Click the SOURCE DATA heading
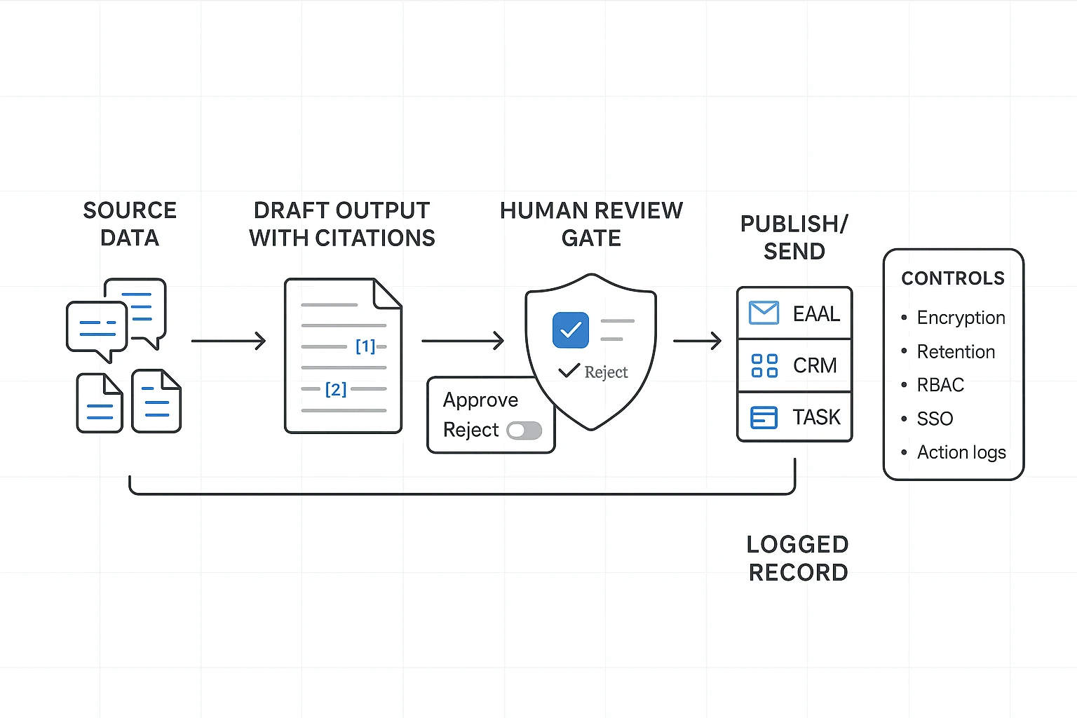pyautogui.click(x=130, y=224)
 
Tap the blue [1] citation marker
pyautogui.click(x=365, y=346)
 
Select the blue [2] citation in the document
pyautogui.click(x=336, y=389)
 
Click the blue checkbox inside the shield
pyautogui.click(x=570, y=330)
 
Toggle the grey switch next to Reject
pyautogui.click(x=524, y=431)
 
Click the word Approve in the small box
pyautogui.click(x=480, y=400)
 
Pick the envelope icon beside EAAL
pyautogui.click(x=764, y=313)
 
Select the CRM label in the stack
pyautogui.click(x=815, y=365)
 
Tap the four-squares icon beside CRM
pyautogui.click(x=764, y=365)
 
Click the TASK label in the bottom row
pyautogui.click(x=816, y=417)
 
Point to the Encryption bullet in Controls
pyautogui.click(x=961, y=318)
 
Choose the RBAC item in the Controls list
pyautogui.click(x=940, y=385)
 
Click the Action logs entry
pyautogui.click(x=961, y=452)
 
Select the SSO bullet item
pyautogui.click(x=935, y=419)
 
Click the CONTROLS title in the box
pyautogui.click(x=952, y=278)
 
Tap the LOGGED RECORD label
pyautogui.click(x=798, y=558)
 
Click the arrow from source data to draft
pyautogui.click(x=229, y=341)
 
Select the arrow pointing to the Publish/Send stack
pyautogui.click(x=697, y=341)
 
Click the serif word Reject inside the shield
pyautogui.click(x=606, y=372)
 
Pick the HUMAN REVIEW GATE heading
pyautogui.click(x=591, y=224)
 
